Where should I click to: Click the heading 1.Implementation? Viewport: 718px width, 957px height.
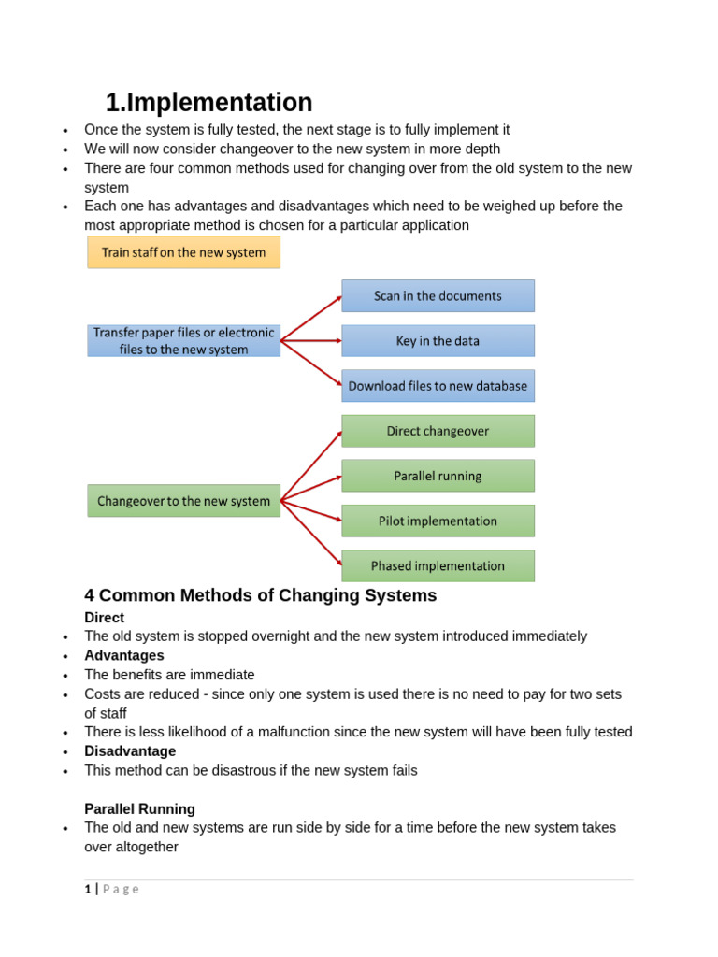pyautogui.click(x=208, y=103)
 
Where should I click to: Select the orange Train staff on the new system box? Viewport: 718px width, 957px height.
pyautogui.click(x=183, y=252)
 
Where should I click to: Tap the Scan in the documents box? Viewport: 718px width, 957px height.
pyautogui.click(x=438, y=295)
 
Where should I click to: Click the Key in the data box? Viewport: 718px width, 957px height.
pyautogui.click(x=438, y=341)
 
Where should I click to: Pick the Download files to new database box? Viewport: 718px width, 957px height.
pyautogui.click(x=438, y=386)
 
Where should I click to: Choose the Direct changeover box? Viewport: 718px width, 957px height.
pyautogui.click(x=438, y=431)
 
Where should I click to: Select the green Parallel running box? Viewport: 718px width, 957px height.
pyautogui.click(x=438, y=476)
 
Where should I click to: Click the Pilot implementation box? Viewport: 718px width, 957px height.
pyautogui.click(x=438, y=521)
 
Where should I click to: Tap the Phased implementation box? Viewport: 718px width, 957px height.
pyautogui.click(x=438, y=565)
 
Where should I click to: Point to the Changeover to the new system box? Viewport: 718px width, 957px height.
pyautogui.click(x=183, y=501)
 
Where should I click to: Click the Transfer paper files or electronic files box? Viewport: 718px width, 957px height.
pyautogui.click(x=183, y=341)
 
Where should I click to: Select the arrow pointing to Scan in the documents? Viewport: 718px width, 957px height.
pyautogui.click(x=311, y=318)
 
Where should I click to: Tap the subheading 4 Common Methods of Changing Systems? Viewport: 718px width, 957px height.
pyautogui.click(x=260, y=595)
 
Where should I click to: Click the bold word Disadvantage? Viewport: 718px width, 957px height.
pyautogui.click(x=130, y=751)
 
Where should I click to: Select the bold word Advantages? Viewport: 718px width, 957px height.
pyautogui.click(x=124, y=656)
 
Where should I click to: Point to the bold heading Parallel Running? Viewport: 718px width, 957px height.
pyautogui.click(x=139, y=809)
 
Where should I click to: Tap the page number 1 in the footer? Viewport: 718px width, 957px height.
pyautogui.click(x=88, y=889)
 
